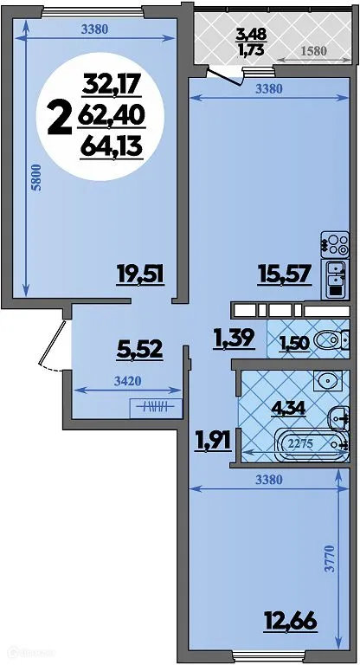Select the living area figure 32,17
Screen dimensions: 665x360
[112, 86]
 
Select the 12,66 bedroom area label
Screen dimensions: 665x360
[288, 621]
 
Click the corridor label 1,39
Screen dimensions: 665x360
[234, 337]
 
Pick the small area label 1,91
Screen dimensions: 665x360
[212, 440]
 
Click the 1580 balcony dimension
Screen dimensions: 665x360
[313, 51]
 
